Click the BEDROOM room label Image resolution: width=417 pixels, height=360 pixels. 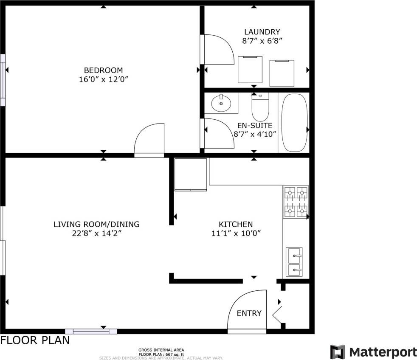tap(103, 70)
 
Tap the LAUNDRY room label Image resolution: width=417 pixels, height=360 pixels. tap(262, 32)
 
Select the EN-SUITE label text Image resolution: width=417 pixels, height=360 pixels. tap(255, 126)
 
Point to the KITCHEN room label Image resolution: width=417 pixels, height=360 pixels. tap(236, 224)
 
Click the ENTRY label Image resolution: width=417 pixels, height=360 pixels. tap(249, 313)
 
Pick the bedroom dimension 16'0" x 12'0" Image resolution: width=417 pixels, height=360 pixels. tap(103, 79)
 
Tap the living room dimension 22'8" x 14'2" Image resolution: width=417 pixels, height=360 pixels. tap(96, 233)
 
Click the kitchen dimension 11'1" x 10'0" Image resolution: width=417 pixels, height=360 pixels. tap(236, 233)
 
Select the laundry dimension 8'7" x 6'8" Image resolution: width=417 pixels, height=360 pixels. tap(262, 41)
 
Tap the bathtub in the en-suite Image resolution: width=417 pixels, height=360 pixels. tap(294, 123)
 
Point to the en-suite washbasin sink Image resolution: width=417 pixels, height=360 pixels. tap(221, 103)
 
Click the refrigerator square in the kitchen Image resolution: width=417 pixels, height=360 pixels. tap(191, 174)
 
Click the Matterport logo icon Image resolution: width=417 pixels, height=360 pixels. tap(338, 352)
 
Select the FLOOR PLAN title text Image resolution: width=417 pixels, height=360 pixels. tap(35, 340)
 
